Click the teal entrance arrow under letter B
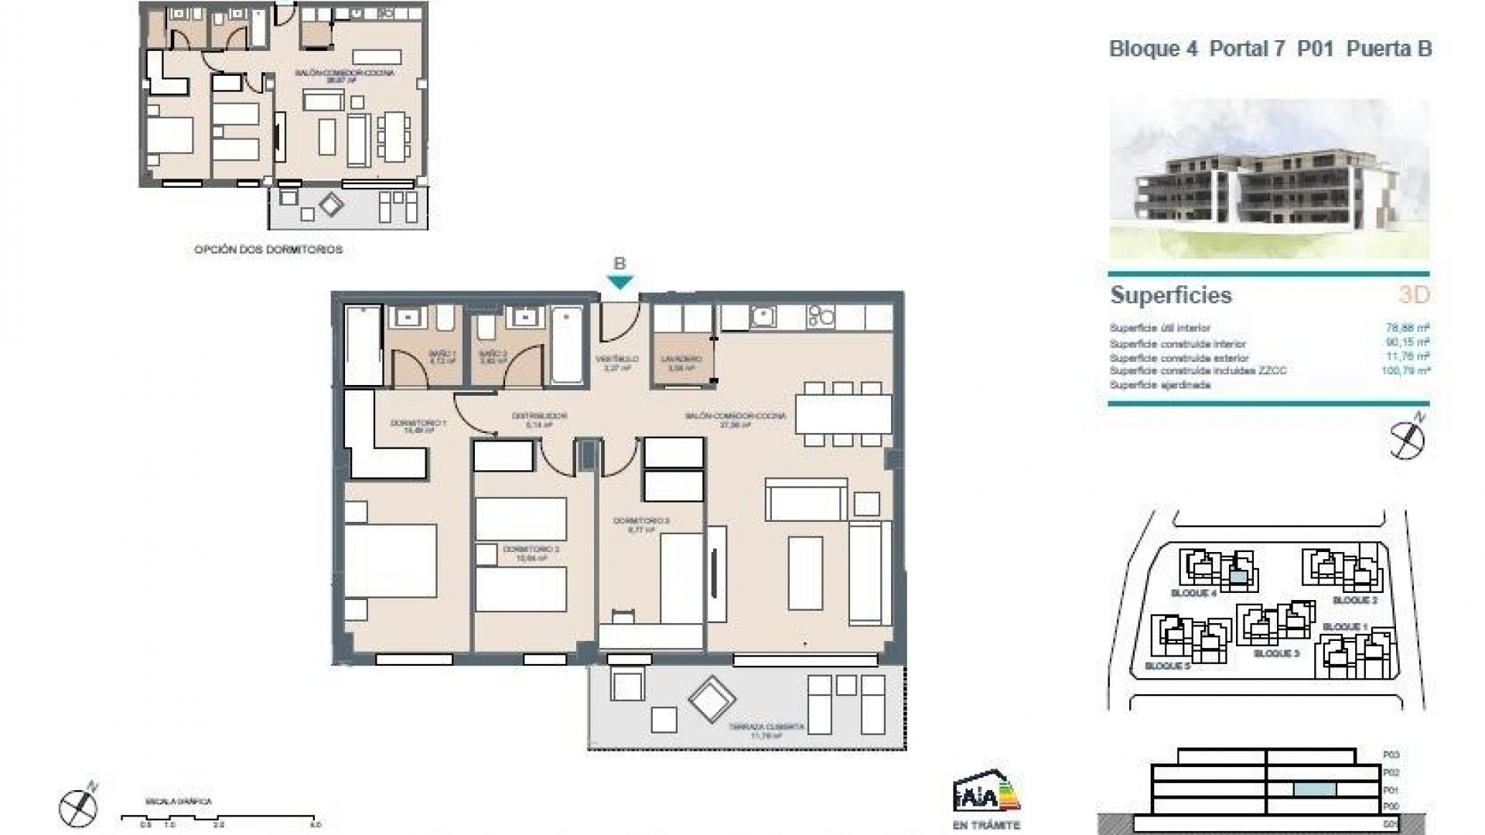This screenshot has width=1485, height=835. (x=620, y=282)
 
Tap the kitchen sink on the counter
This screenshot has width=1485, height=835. (x=763, y=316)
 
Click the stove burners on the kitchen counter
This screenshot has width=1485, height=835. (x=821, y=316)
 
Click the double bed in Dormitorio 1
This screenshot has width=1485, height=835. (x=391, y=560)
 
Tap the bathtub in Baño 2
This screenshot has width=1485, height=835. (x=567, y=345)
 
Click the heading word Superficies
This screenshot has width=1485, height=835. (x=1170, y=295)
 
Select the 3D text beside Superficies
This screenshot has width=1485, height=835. (x=1413, y=295)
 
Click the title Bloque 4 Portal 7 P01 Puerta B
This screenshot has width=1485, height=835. (x=1270, y=49)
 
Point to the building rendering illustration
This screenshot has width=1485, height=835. (x=1268, y=179)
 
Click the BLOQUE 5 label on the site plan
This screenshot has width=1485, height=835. (x=1167, y=666)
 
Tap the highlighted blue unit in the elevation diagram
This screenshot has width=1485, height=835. (x=1315, y=789)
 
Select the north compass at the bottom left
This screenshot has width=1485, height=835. (x=78, y=806)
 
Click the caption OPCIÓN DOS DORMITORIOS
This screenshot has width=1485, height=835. (x=268, y=250)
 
